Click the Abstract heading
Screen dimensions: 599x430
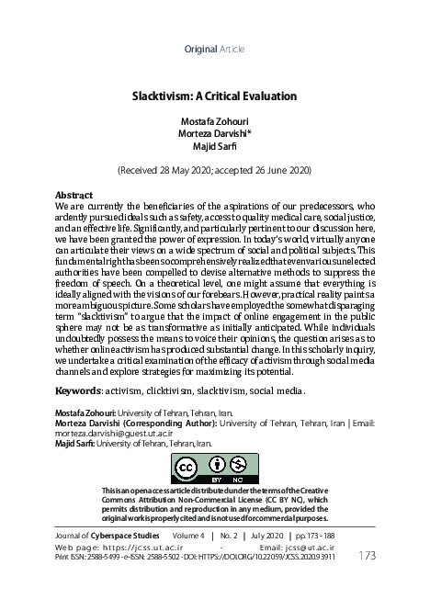[x=74, y=196]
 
